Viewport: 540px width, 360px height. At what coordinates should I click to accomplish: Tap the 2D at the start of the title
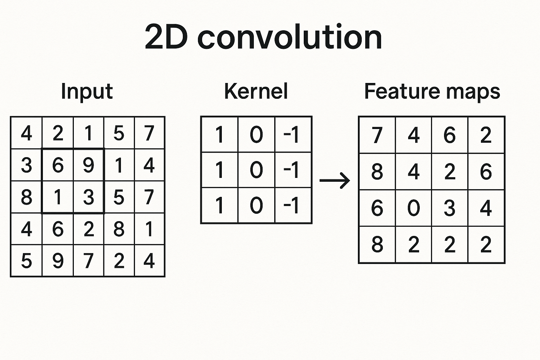166,37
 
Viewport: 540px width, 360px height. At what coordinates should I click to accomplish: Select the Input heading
86,91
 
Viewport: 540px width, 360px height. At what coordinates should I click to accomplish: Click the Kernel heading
256,91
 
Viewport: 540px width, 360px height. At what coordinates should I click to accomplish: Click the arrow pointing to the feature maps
335,181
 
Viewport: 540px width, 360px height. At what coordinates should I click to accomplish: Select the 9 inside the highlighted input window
89,165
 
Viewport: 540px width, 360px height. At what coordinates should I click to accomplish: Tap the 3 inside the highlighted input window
89,197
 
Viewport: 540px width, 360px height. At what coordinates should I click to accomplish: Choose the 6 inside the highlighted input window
58,165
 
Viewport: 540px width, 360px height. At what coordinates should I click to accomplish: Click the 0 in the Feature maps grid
413,208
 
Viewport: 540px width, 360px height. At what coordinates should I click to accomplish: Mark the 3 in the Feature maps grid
450,208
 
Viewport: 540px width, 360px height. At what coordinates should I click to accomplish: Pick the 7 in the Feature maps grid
377,135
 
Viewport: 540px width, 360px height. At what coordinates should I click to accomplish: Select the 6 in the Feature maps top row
450,135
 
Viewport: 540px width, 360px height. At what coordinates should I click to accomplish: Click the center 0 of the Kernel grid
256,170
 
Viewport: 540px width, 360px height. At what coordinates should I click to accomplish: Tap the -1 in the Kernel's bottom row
291,205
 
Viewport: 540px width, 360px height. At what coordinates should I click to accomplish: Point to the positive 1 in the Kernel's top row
219,135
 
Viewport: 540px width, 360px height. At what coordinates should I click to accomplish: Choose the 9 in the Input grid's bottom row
58,261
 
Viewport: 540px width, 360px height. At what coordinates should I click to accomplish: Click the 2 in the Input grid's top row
58,133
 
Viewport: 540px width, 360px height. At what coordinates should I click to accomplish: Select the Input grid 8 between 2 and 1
119,229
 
